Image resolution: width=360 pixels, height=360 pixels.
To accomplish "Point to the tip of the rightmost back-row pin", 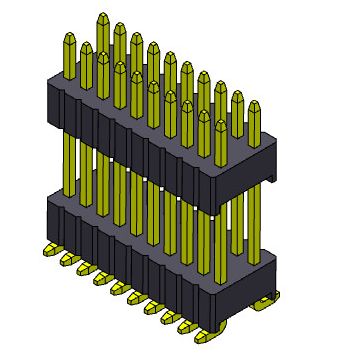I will (x=254, y=105).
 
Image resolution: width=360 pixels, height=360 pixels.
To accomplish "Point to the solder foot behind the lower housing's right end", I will (x=268, y=303).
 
